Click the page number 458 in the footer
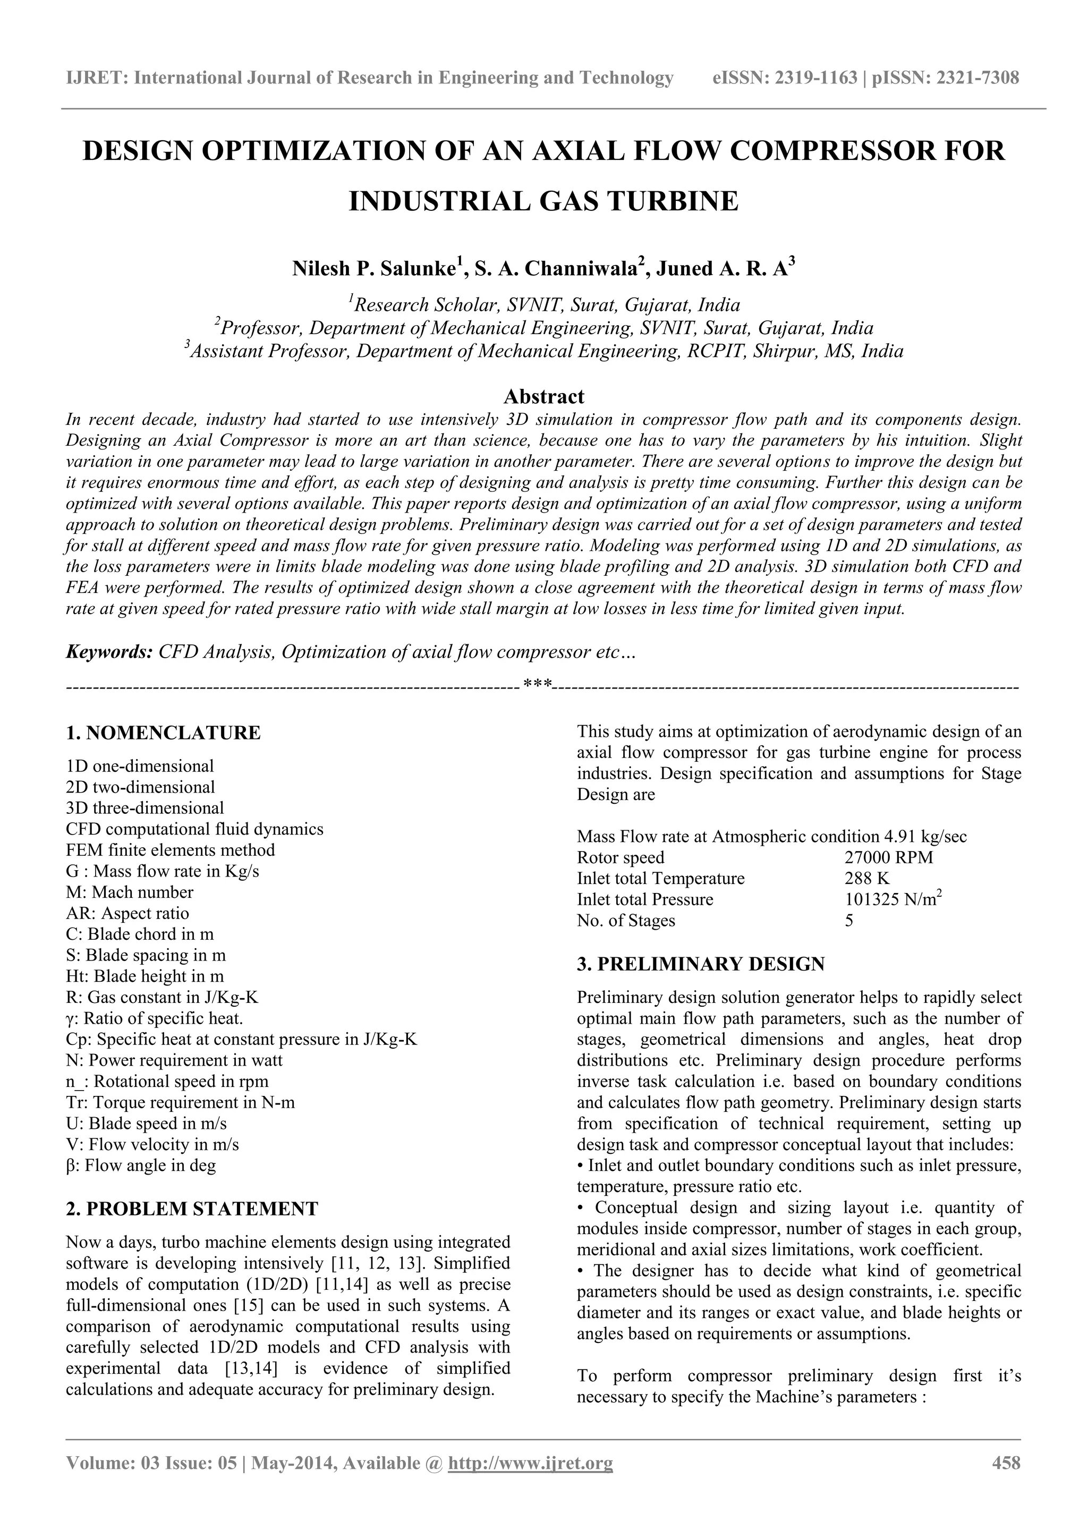click(x=1006, y=1481)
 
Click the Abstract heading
click(x=543, y=396)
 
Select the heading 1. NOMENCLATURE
click(x=163, y=733)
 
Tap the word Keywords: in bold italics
click(x=109, y=652)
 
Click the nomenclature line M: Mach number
click(x=130, y=892)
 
